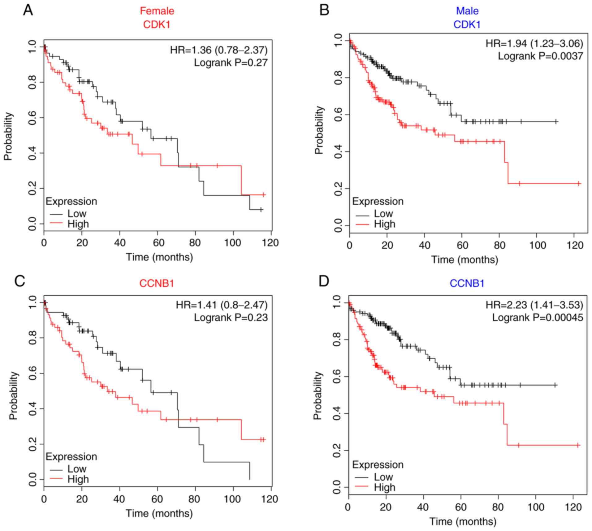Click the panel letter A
(28, 11)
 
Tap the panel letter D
(324, 282)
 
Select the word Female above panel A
(157, 11)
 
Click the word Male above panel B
(467, 11)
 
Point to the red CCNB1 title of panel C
(157, 283)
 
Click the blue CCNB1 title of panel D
(467, 283)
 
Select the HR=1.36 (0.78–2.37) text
(219, 50)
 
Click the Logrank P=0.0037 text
(540, 56)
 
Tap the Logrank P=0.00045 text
(538, 317)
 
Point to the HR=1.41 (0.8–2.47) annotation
(222, 305)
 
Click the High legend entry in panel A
(78, 224)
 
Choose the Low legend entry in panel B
(383, 213)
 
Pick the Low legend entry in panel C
(77, 469)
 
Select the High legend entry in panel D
(384, 487)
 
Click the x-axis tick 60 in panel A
(158, 243)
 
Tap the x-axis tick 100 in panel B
(538, 245)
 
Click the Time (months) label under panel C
(159, 513)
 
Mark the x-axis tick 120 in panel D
(573, 507)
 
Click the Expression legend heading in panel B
(378, 201)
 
